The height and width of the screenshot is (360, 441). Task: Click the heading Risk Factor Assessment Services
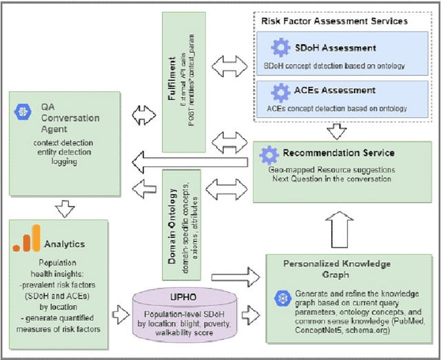click(334, 21)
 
